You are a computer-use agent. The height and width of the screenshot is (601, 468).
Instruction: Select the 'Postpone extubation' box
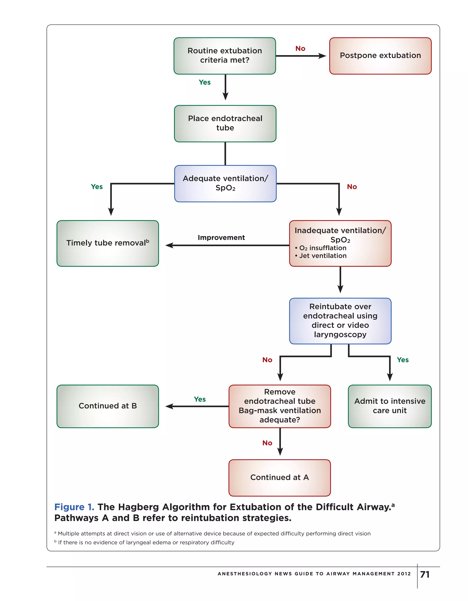(380, 56)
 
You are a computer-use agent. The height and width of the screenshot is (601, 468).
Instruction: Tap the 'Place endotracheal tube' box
(225, 123)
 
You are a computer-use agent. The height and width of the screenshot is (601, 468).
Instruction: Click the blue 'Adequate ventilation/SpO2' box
(225, 183)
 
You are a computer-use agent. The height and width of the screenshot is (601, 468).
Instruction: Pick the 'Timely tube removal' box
(108, 243)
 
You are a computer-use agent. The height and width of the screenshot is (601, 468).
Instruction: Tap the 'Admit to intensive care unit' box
(389, 406)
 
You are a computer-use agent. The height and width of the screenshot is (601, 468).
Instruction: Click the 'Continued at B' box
(108, 406)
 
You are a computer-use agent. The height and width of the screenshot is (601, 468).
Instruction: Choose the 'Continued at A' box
(279, 478)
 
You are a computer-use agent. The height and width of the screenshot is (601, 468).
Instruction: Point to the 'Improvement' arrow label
(221, 238)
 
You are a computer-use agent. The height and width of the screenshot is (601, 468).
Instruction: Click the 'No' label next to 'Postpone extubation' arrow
(300, 49)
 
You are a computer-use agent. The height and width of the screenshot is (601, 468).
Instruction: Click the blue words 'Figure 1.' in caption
(74, 507)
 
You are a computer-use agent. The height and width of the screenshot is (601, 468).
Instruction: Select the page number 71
(425, 574)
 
